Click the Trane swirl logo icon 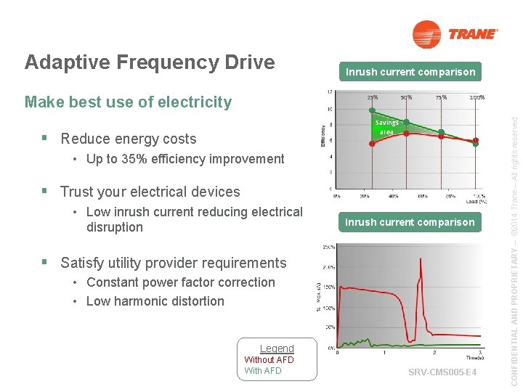click(426, 34)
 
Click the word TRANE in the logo click(473, 34)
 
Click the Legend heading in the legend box click(277, 348)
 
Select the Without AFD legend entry click(269, 360)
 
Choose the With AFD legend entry click(263, 371)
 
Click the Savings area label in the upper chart click(387, 128)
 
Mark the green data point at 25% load click(372, 112)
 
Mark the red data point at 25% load click(372, 144)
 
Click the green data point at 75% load click(441, 133)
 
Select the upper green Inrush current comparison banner click(410, 72)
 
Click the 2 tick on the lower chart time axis click(434, 353)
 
